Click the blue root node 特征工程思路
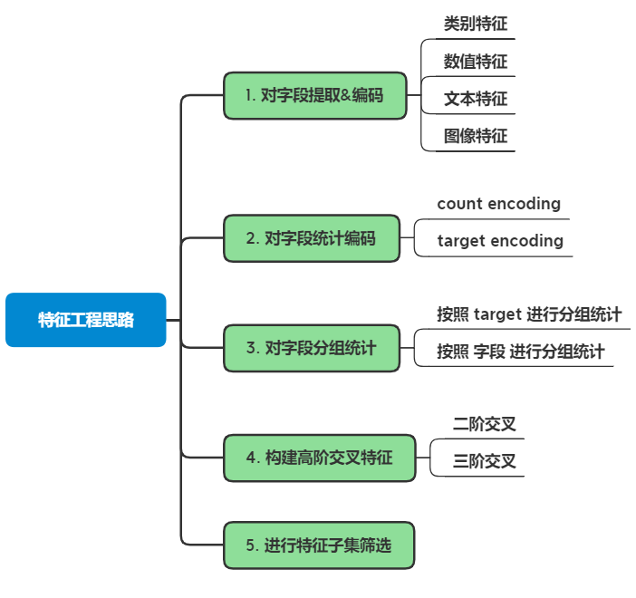[86, 320]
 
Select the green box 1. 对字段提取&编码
[313, 95]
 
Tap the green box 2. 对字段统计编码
[311, 238]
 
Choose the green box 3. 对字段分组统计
[311, 348]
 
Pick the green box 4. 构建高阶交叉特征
[319, 458]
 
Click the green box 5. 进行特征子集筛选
[319, 545]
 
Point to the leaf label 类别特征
[475, 24]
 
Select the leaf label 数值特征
[475, 63]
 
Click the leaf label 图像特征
[475, 137]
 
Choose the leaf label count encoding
[498, 204]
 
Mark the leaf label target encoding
[500, 241]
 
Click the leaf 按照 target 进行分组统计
[529, 314]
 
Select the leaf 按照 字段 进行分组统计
[520, 352]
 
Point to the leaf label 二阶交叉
[485, 423]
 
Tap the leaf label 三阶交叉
[485, 461]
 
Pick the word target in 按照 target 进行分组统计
[497, 314]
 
